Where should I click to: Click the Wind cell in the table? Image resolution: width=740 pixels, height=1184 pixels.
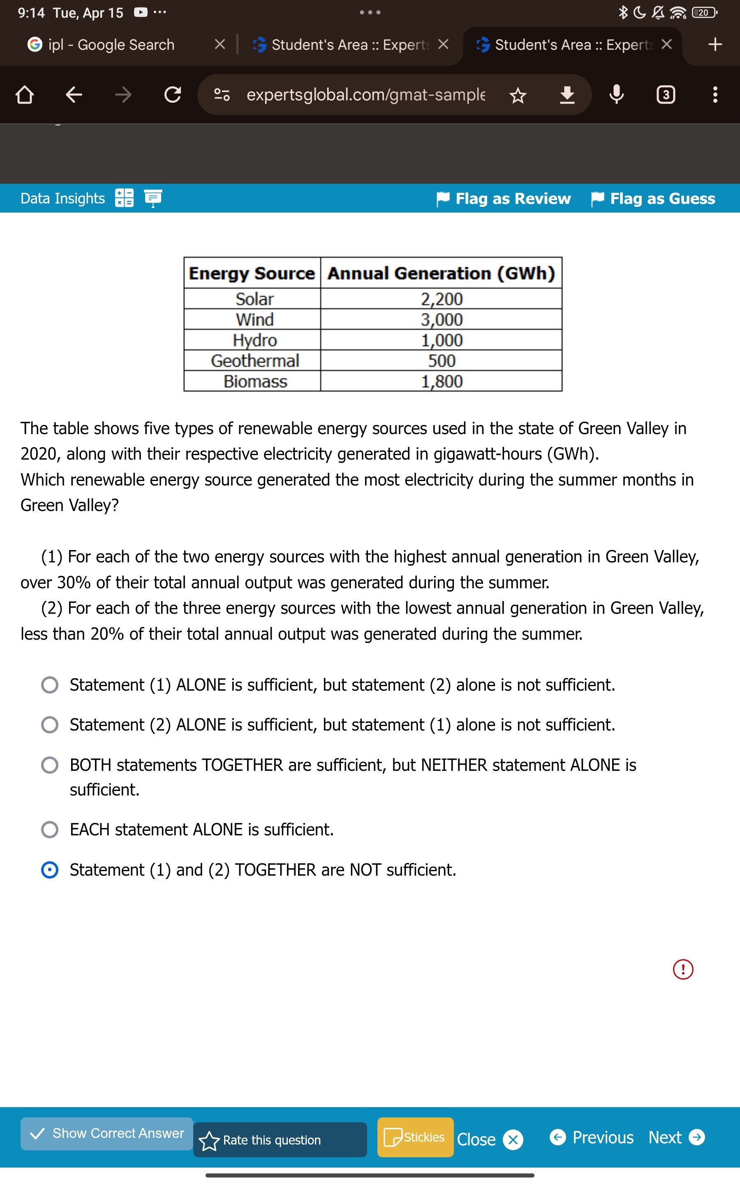(x=254, y=319)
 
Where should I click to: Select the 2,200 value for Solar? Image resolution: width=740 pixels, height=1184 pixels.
(x=442, y=299)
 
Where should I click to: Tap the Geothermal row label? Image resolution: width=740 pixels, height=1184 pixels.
(x=254, y=361)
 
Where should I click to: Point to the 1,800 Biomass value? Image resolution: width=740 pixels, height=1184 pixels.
(x=442, y=382)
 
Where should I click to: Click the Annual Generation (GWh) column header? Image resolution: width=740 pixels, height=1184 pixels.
(x=441, y=273)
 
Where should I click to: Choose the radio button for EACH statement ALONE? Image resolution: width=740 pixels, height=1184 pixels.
(x=49, y=829)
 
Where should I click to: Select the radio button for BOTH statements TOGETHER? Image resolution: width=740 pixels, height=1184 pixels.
(x=49, y=765)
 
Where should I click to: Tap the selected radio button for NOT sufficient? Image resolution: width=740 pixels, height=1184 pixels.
(x=49, y=869)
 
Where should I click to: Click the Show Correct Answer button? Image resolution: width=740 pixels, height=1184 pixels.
(x=107, y=1133)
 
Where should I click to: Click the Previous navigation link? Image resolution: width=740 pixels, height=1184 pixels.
(x=592, y=1137)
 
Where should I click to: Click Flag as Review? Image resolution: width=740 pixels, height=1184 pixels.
(x=504, y=199)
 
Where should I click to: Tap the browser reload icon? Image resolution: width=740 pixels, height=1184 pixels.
(x=172, y=95)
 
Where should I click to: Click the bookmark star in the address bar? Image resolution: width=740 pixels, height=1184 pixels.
(x=518, y=95)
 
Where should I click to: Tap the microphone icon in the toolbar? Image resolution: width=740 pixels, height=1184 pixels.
(x=616, y=95)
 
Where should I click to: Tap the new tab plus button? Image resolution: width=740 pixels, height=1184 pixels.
(x=715, y=44)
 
